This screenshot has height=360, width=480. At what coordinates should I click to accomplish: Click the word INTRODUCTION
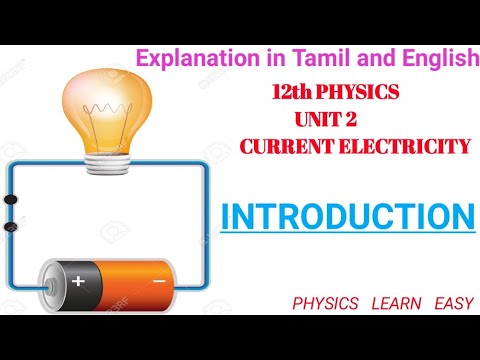click(347, 216)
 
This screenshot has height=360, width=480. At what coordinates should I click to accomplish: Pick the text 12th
click(291, 93)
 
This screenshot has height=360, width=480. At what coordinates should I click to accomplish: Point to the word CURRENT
click(286, 147)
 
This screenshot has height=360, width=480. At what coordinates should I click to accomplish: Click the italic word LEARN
click(395, 301)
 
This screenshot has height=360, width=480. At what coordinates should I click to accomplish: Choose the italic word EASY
click(454, 301)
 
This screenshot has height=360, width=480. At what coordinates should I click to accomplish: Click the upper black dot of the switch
click(12, 199)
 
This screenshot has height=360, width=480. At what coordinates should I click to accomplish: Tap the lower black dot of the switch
click(12, 228)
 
